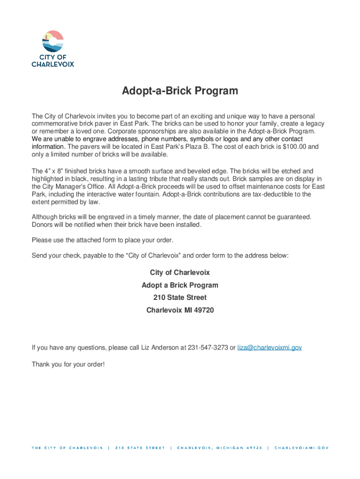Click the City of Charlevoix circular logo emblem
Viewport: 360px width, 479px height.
[52, 42]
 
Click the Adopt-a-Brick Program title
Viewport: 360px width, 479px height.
[180, 91]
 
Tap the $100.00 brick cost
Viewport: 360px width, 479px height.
[293, 147]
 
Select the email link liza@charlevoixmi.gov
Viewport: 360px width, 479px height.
[270, 348]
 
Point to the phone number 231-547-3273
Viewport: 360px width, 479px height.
[208, 348]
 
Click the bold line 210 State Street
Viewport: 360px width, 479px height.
[180, 298]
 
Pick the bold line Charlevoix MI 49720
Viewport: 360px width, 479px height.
[180, 310]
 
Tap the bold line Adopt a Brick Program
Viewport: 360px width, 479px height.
[180, 285]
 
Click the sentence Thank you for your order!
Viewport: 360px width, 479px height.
[68, 364]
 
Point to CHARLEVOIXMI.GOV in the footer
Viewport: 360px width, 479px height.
[302, 448]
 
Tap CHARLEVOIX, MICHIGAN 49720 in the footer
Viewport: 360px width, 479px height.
[219, 448]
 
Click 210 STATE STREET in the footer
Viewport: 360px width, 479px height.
[140, 448]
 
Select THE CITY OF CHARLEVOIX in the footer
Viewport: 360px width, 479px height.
[67, 448]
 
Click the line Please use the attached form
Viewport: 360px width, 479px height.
[102, 240]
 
